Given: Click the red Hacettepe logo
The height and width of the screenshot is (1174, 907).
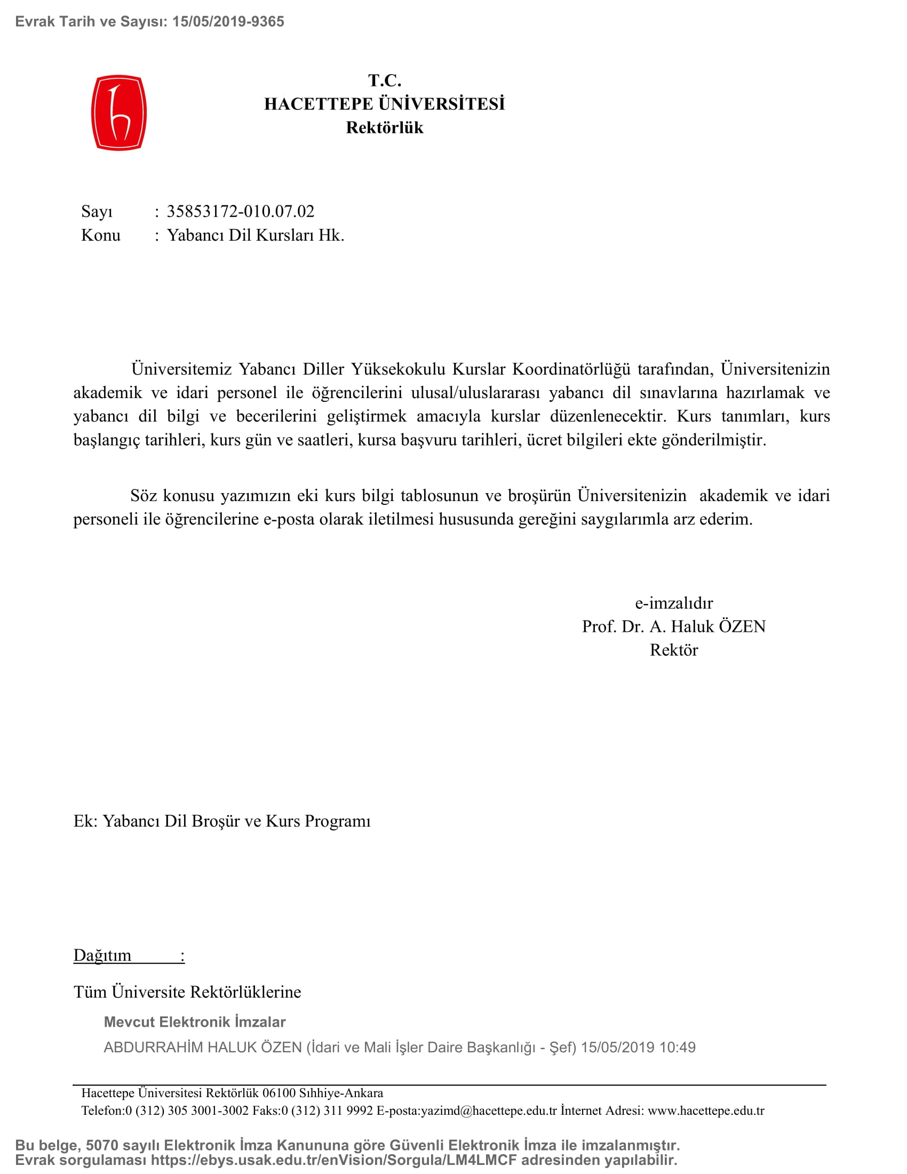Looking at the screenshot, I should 119,113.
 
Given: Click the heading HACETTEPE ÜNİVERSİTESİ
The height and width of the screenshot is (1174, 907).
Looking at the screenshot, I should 384,104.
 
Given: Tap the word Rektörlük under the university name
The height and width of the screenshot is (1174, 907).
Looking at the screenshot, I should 384,128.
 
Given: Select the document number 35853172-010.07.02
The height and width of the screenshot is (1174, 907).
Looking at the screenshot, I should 240,211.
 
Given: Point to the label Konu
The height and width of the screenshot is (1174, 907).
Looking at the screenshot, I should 100,235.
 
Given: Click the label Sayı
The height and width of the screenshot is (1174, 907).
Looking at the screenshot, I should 97,212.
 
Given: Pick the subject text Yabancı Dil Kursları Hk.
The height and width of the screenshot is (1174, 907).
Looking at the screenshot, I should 255,235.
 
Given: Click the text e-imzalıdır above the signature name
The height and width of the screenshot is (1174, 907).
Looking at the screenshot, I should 674,603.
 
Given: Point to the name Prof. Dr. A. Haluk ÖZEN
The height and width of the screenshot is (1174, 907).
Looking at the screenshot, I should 674,627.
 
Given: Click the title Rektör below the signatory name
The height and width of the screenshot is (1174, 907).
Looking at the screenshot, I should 674,651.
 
